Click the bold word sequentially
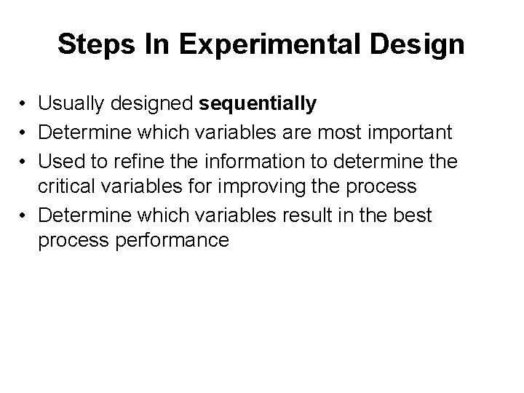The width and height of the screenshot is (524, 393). click(258, 104)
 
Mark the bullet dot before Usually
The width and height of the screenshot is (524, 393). click(25, 105)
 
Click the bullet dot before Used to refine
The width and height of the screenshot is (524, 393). click(25, 160)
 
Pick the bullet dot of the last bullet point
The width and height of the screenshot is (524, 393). click(25, 215)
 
